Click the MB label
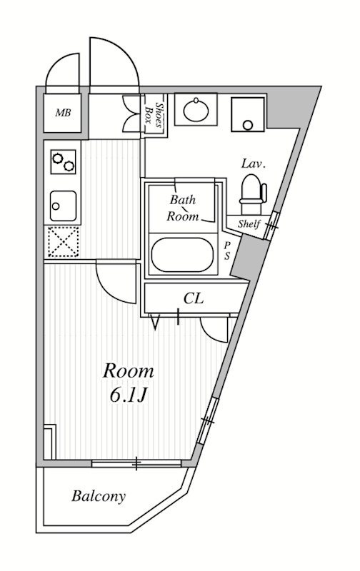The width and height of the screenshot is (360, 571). (x=63, y=113)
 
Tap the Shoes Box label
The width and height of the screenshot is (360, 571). (x=154, y=114)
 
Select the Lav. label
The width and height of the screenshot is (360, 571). (x=254, y=164)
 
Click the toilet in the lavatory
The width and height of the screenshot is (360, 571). (x=253, y=194)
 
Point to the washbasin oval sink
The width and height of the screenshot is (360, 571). (x=196, y=109)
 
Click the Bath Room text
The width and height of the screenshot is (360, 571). (x=184, y=208)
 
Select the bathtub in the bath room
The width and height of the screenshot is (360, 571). (x=182, y=255)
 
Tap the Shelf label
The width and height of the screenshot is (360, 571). (x=249, y=223)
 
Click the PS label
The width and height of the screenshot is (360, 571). (x=226, y=251)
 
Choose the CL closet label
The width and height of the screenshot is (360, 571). (x=193, y=298)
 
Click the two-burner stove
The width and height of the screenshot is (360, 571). (x=64, y=162)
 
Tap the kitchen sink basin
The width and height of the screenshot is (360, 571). (x=64, y=206)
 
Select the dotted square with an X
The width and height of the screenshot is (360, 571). (x=64, y=241)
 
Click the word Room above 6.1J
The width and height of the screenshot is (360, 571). (x=129, y=371)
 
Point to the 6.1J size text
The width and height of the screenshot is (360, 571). (x=129, y=395)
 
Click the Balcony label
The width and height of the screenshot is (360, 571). (x=99, y=496)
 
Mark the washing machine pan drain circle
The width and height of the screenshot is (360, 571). (x=248, y=126)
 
